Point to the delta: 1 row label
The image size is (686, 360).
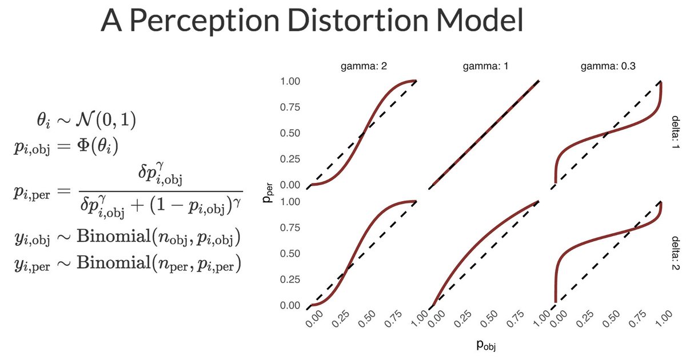coord(676,133)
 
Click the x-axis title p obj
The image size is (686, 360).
coord(485,345)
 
